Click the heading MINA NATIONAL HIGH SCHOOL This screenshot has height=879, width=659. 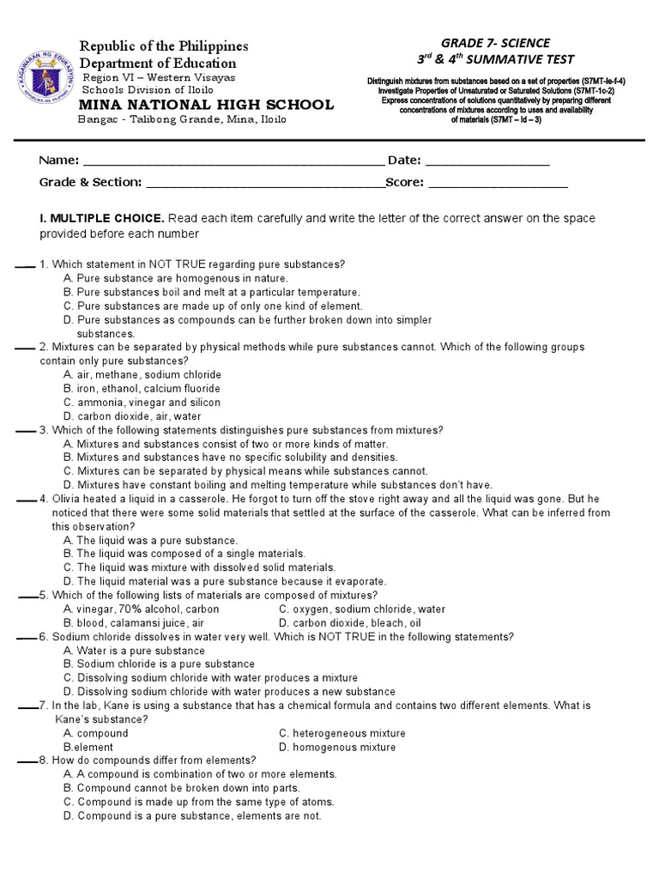(207, 105)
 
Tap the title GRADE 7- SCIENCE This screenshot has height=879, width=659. (495, 43)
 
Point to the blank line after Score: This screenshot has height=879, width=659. (498, 184)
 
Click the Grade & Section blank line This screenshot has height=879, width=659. (265, 184)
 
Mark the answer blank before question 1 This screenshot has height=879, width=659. (24, 266)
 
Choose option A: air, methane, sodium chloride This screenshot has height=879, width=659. (142, 375)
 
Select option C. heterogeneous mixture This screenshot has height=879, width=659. (342, 734)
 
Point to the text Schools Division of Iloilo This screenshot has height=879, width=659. (148, 89)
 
